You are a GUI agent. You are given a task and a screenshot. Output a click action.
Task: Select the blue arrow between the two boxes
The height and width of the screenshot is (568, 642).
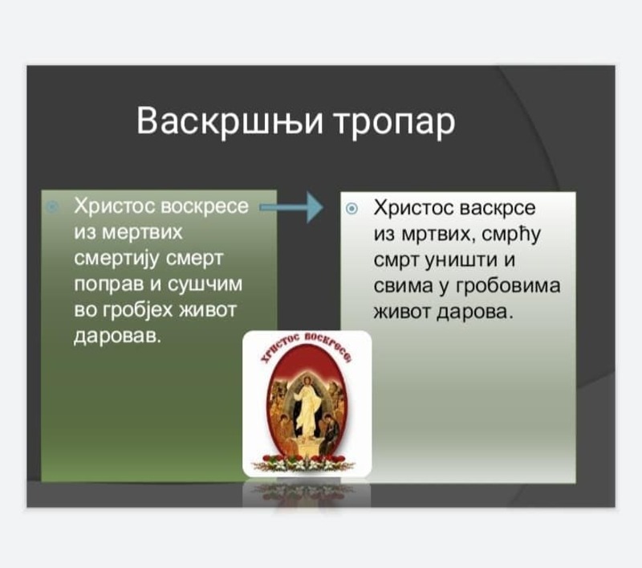291,207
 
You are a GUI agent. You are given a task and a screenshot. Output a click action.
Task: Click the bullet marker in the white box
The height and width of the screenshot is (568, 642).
351,209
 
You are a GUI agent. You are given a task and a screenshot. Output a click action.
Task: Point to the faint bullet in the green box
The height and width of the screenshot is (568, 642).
52,206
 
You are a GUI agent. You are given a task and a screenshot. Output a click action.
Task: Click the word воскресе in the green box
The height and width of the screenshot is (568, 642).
205,206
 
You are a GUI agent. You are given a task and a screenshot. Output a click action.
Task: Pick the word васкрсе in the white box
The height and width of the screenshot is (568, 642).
498,208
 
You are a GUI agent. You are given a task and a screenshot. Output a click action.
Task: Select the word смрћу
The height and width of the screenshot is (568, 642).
511,235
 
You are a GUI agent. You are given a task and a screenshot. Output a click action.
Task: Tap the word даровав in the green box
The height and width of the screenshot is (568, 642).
115,337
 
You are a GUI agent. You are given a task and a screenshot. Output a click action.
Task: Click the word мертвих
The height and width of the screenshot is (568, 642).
142,233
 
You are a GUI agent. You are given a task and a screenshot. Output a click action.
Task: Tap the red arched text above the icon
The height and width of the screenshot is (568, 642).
307,343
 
